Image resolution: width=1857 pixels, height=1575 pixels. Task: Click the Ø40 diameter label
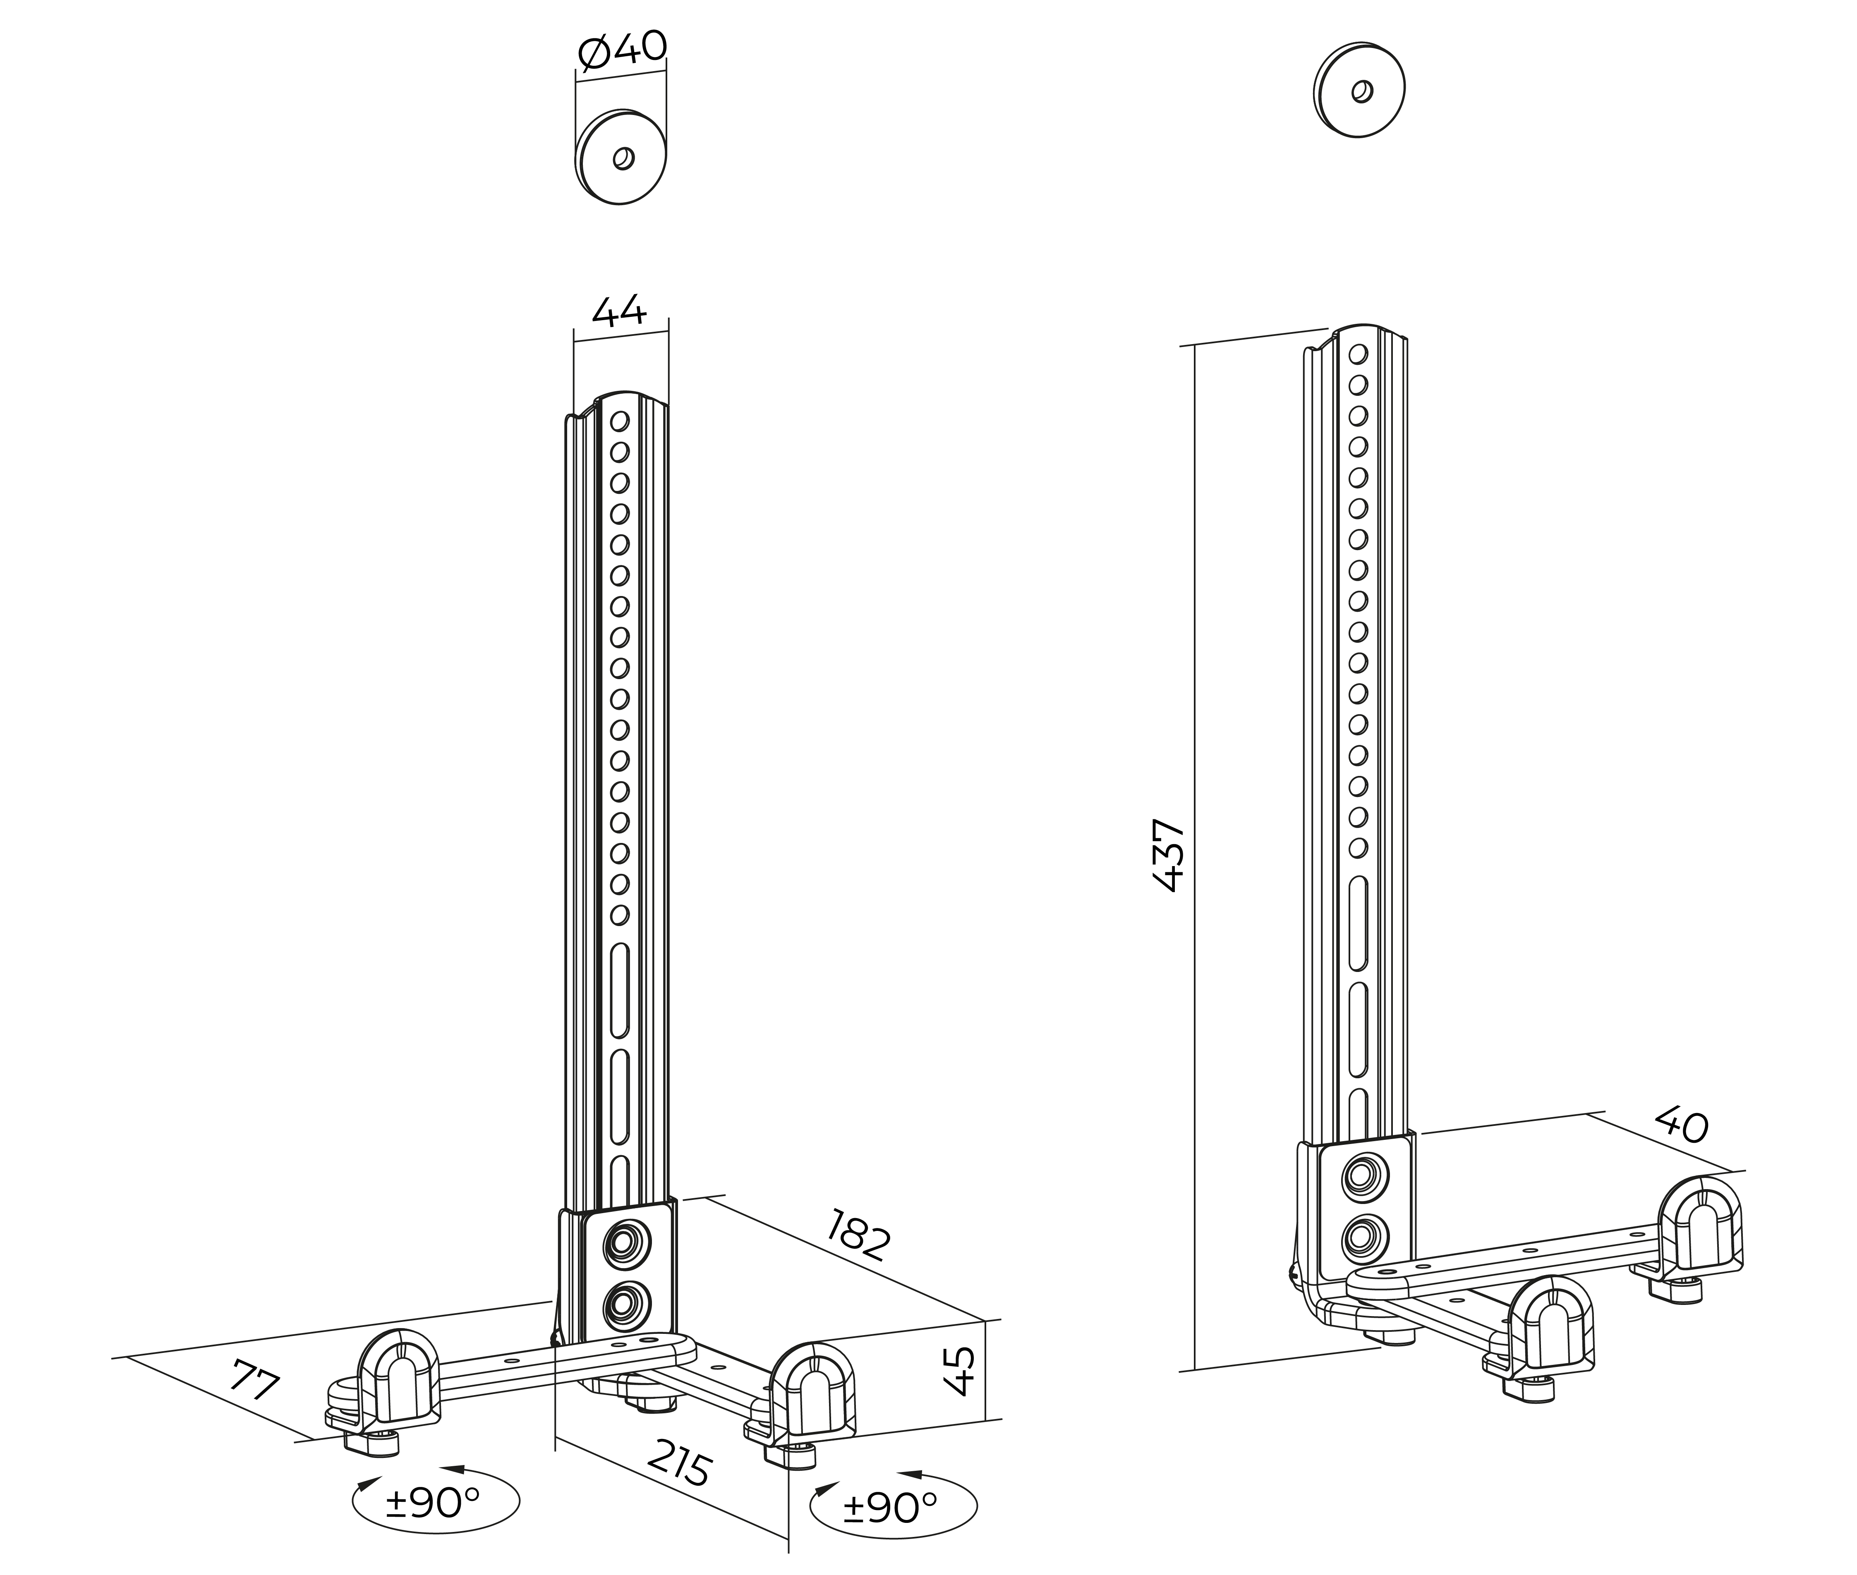click(x=622, y=50)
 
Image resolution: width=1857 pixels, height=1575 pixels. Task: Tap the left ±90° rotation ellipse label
click(x=435, y=1503)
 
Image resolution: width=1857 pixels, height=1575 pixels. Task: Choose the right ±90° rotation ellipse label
click(x=892, y=1507)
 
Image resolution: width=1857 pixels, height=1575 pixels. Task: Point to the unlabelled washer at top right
click(x=1359, y=89)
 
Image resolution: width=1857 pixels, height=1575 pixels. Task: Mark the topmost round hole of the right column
click(x=1358, y=354)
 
